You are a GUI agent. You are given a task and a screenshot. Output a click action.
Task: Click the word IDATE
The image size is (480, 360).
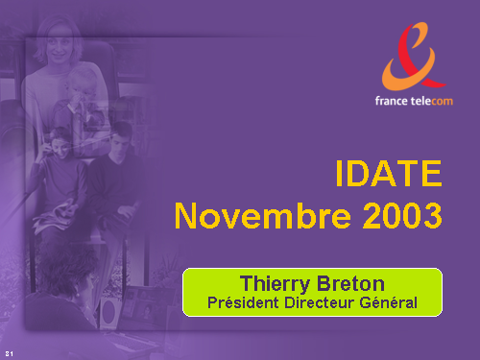click(x=389, y=173)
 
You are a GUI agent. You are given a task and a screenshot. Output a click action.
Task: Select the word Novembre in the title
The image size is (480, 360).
click(x=263, y=216)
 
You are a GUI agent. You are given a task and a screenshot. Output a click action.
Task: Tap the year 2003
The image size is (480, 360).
click(x=402, y=216)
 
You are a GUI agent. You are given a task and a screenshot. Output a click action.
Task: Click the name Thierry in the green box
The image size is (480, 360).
click(x=276, y=284)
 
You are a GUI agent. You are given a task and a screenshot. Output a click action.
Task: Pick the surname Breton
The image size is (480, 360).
click(x=350, y=283)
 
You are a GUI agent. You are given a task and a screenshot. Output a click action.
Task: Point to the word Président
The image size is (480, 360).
click(x=243, y=302)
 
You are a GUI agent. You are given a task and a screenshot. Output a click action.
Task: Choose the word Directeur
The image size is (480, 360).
click(x=320, y=302)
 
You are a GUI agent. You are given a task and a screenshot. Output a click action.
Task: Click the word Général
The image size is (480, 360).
click(x=389, y=302)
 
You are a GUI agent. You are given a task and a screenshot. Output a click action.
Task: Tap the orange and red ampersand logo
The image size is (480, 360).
click(x=414, y=56)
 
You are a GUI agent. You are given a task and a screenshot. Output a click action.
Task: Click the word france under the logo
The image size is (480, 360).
click(x=392, y=101)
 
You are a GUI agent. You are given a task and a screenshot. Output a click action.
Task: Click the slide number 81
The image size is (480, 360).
click(x=9, y=353)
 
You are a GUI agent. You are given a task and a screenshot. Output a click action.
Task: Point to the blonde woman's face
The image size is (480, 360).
click(x=60, y=46)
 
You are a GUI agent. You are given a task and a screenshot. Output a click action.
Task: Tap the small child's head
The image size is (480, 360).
click(x=81, y=84)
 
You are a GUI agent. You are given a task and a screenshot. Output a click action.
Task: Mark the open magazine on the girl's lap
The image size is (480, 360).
click(x=55, y=214)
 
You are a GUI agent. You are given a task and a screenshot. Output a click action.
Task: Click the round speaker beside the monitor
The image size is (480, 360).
click(x=109, y=310)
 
